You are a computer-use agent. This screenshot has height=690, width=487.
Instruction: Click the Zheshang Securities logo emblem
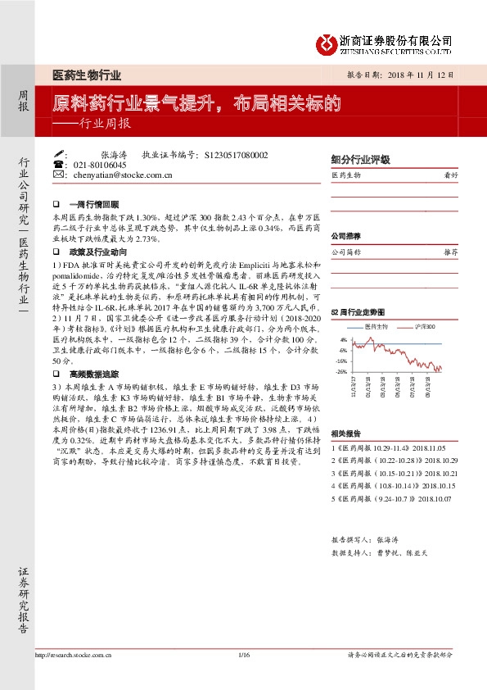click(327, 43)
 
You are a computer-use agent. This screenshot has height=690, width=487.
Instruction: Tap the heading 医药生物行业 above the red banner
click(87, 75)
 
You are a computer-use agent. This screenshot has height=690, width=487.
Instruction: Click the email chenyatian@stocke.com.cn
click(122, 175)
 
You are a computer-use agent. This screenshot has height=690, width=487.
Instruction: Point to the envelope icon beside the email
click(57, 175)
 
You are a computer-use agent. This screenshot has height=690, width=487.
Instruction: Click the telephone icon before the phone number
click(57, 164)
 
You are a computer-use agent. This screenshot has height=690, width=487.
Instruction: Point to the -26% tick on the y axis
click(341, 371)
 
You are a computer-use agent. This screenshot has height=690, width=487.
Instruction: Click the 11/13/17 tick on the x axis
click(354, 388)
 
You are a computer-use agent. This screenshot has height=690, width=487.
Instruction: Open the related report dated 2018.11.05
click(377, 449)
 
